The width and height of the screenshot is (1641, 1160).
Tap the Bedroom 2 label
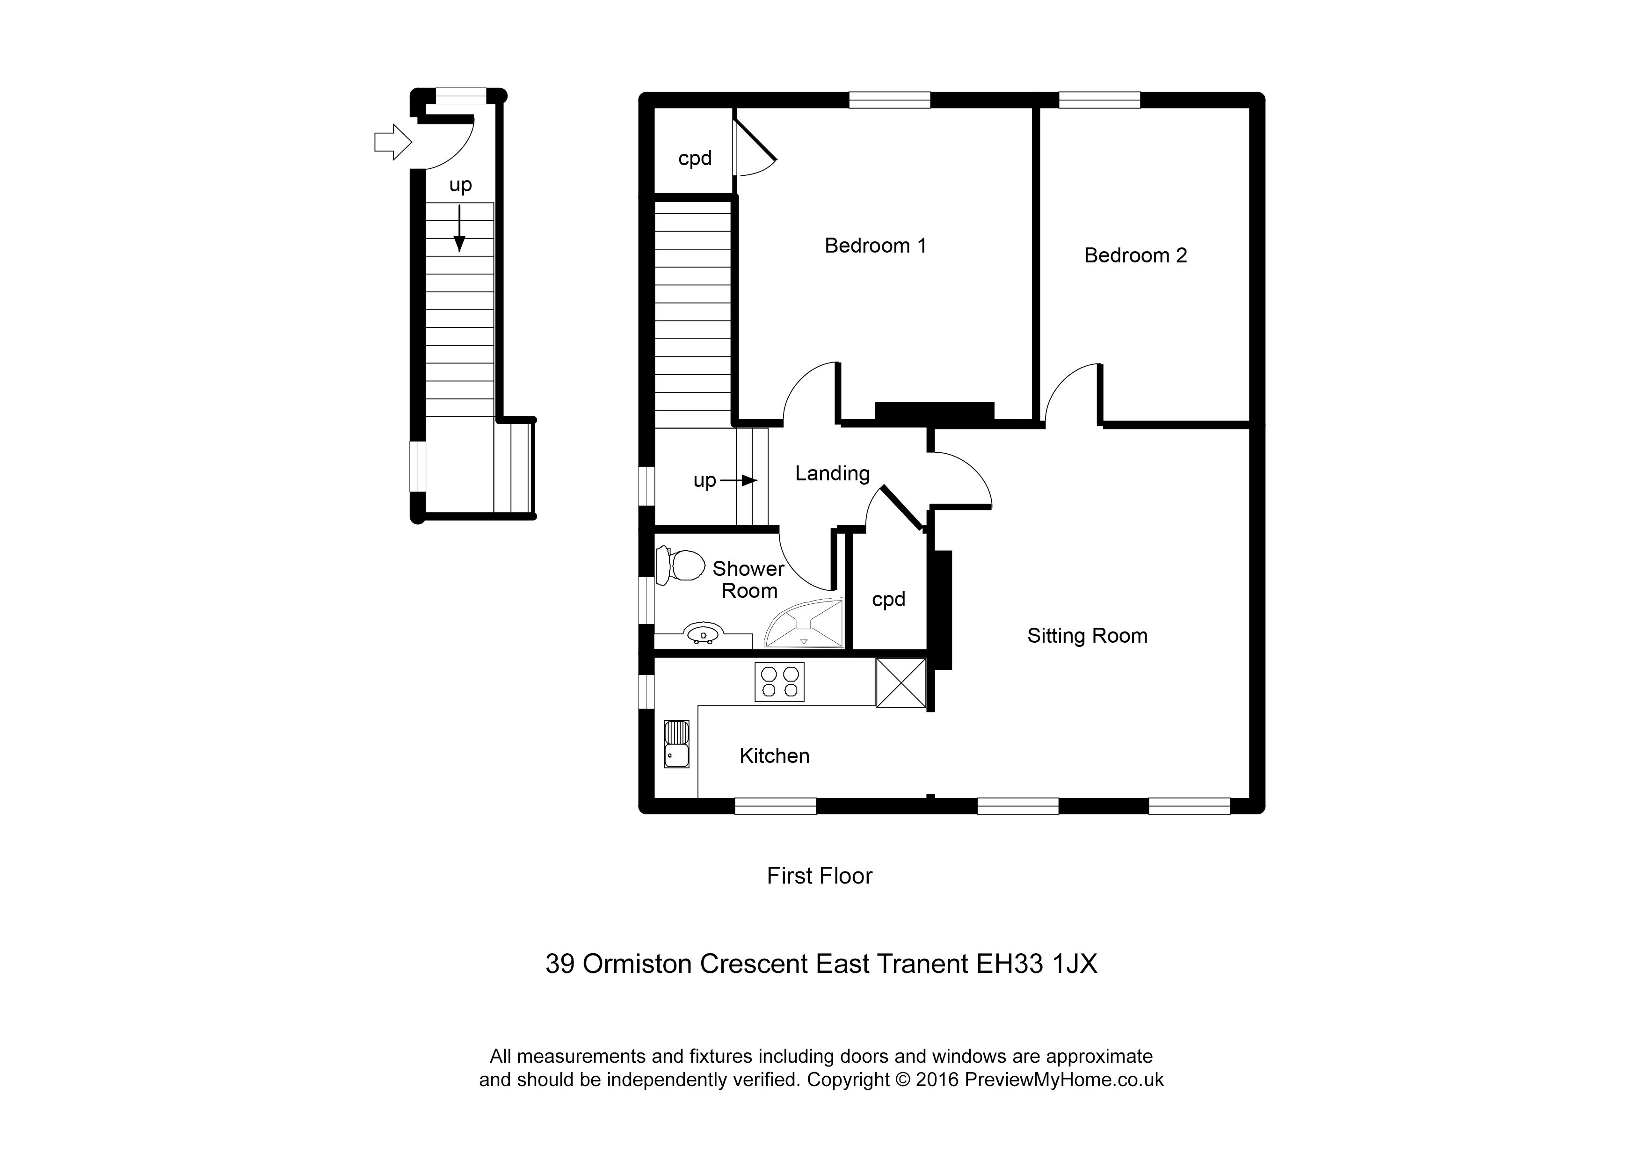[1135, 255]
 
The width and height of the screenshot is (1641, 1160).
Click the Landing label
[832, 473]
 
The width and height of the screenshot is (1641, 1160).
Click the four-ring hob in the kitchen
[779, 681]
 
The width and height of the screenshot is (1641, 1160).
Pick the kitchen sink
[676, 744]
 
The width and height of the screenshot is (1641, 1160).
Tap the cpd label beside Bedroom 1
[695, 158]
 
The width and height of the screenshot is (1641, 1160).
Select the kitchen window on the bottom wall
[775, 806]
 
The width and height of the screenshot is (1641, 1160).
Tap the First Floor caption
[819, 876]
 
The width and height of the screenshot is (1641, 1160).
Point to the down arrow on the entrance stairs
[459, 229]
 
